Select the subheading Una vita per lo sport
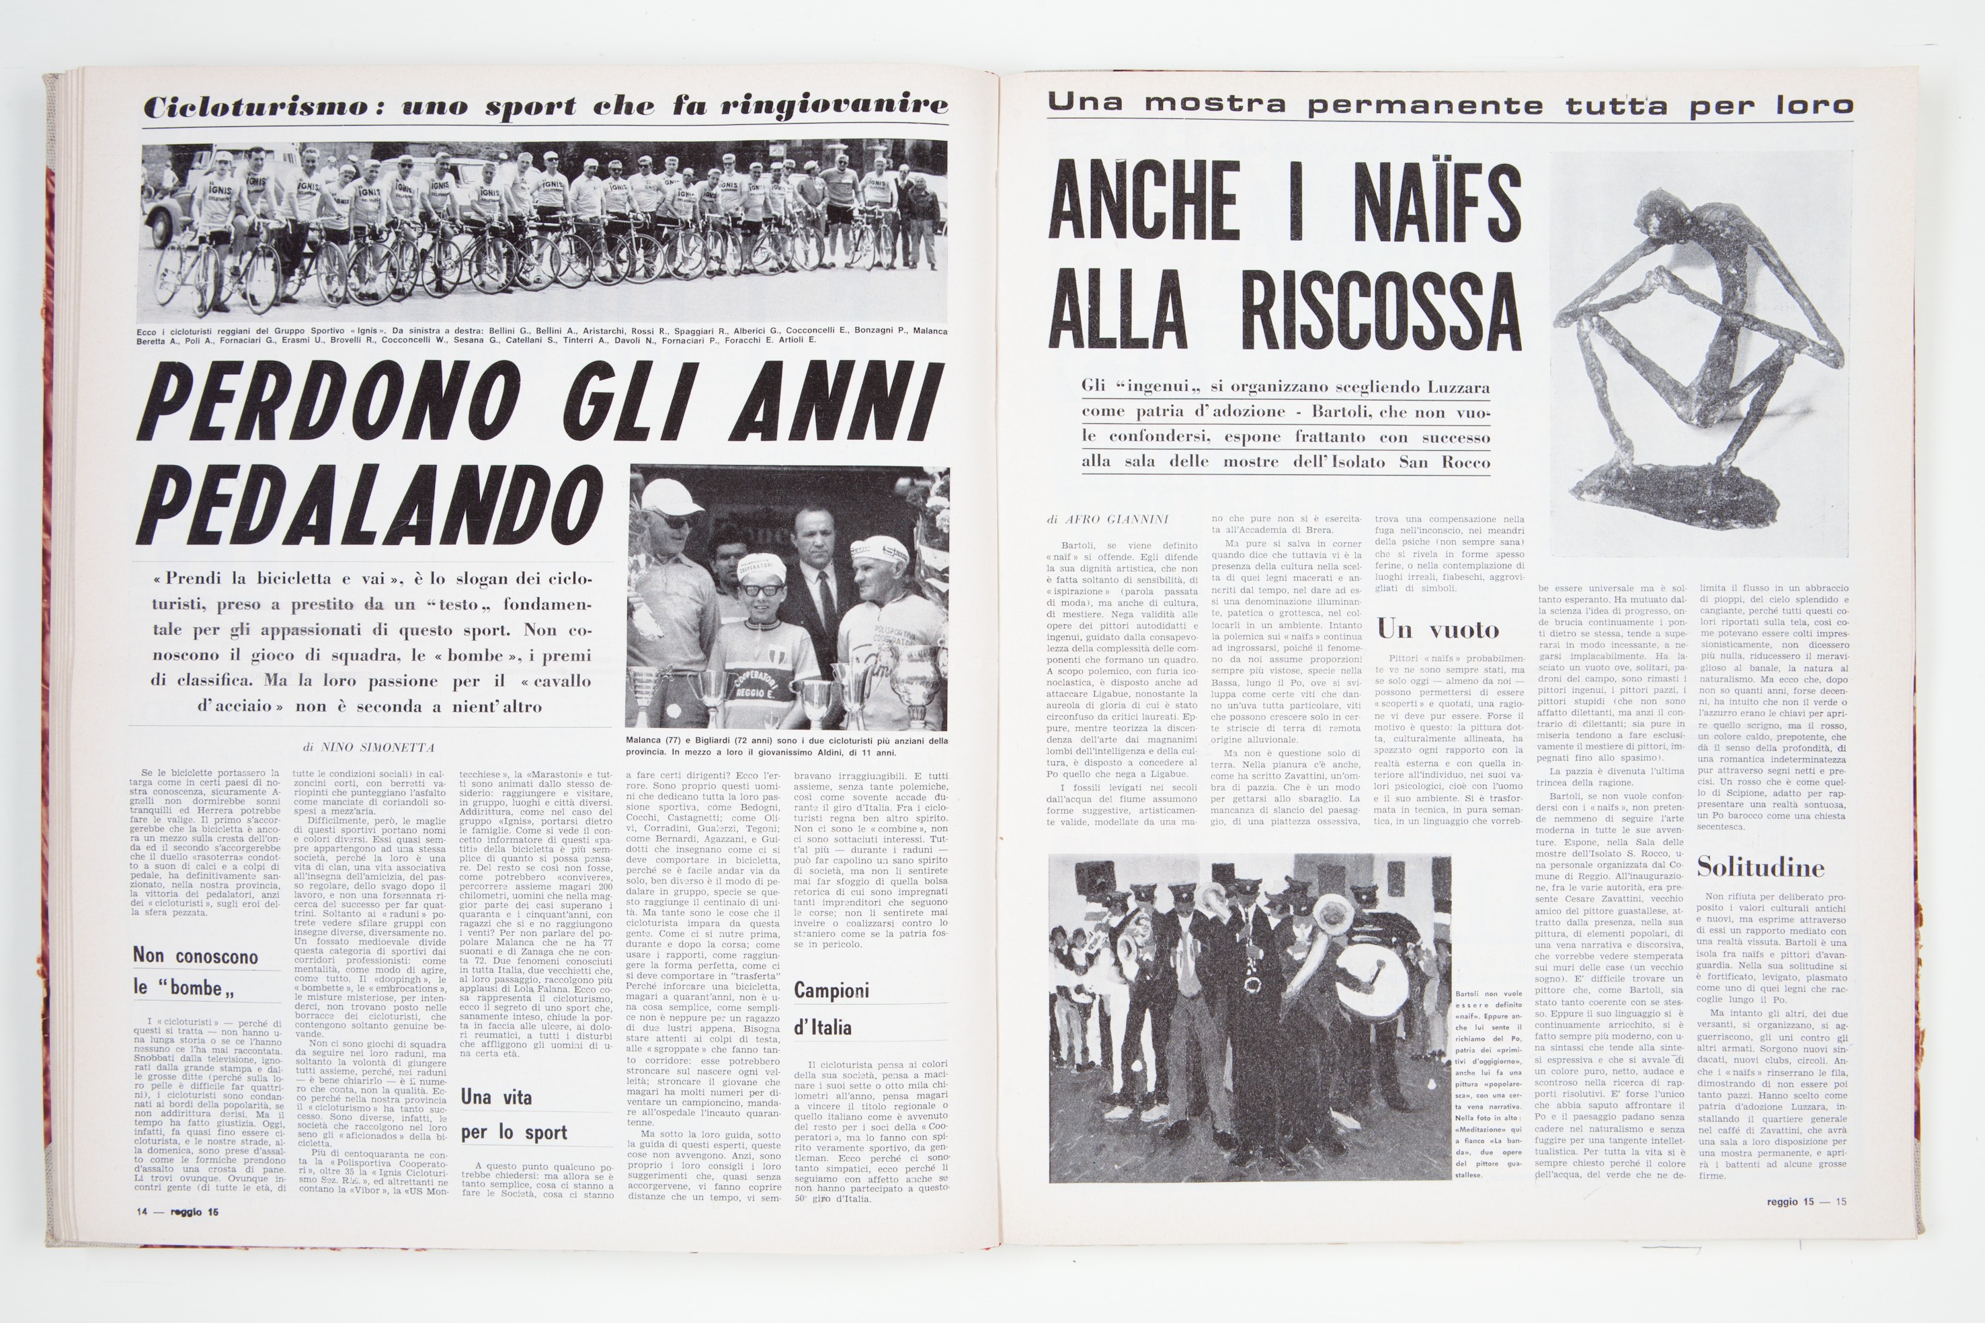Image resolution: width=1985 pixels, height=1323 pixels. [501, 1114]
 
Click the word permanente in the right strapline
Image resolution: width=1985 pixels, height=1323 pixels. [1424, 105]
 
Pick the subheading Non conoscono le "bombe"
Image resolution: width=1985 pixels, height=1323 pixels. [195, 971]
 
